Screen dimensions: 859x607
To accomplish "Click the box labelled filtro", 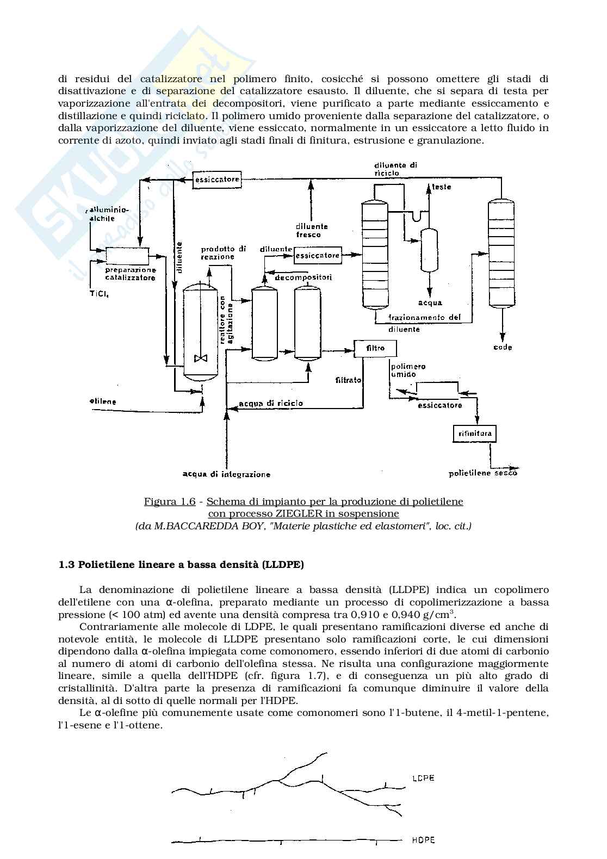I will tap(375, 348).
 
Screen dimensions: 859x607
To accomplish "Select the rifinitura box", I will tap(475, 434).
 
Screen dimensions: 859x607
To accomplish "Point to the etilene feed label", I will tap(103, 402).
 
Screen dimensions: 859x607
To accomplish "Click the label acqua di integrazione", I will tap(226, 474).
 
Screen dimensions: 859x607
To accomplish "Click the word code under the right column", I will tap(502, 347).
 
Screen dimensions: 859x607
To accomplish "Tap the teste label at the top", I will tap(441, 187).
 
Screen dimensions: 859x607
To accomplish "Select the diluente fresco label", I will tap(312, 231).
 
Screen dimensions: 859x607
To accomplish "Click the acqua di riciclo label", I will tap(271, 404).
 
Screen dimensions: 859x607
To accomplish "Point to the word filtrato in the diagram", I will tap(349, 380).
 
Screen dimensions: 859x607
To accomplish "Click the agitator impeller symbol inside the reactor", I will tap(201, 359).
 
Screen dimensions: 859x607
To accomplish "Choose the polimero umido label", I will tap(408, 370).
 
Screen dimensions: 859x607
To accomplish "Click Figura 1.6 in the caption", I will tap(169, 502).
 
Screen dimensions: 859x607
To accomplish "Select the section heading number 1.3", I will tap(66, 565).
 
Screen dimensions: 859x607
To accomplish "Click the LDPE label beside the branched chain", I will tap(423, 778).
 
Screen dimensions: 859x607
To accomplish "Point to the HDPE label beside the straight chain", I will tap(423, 840).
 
